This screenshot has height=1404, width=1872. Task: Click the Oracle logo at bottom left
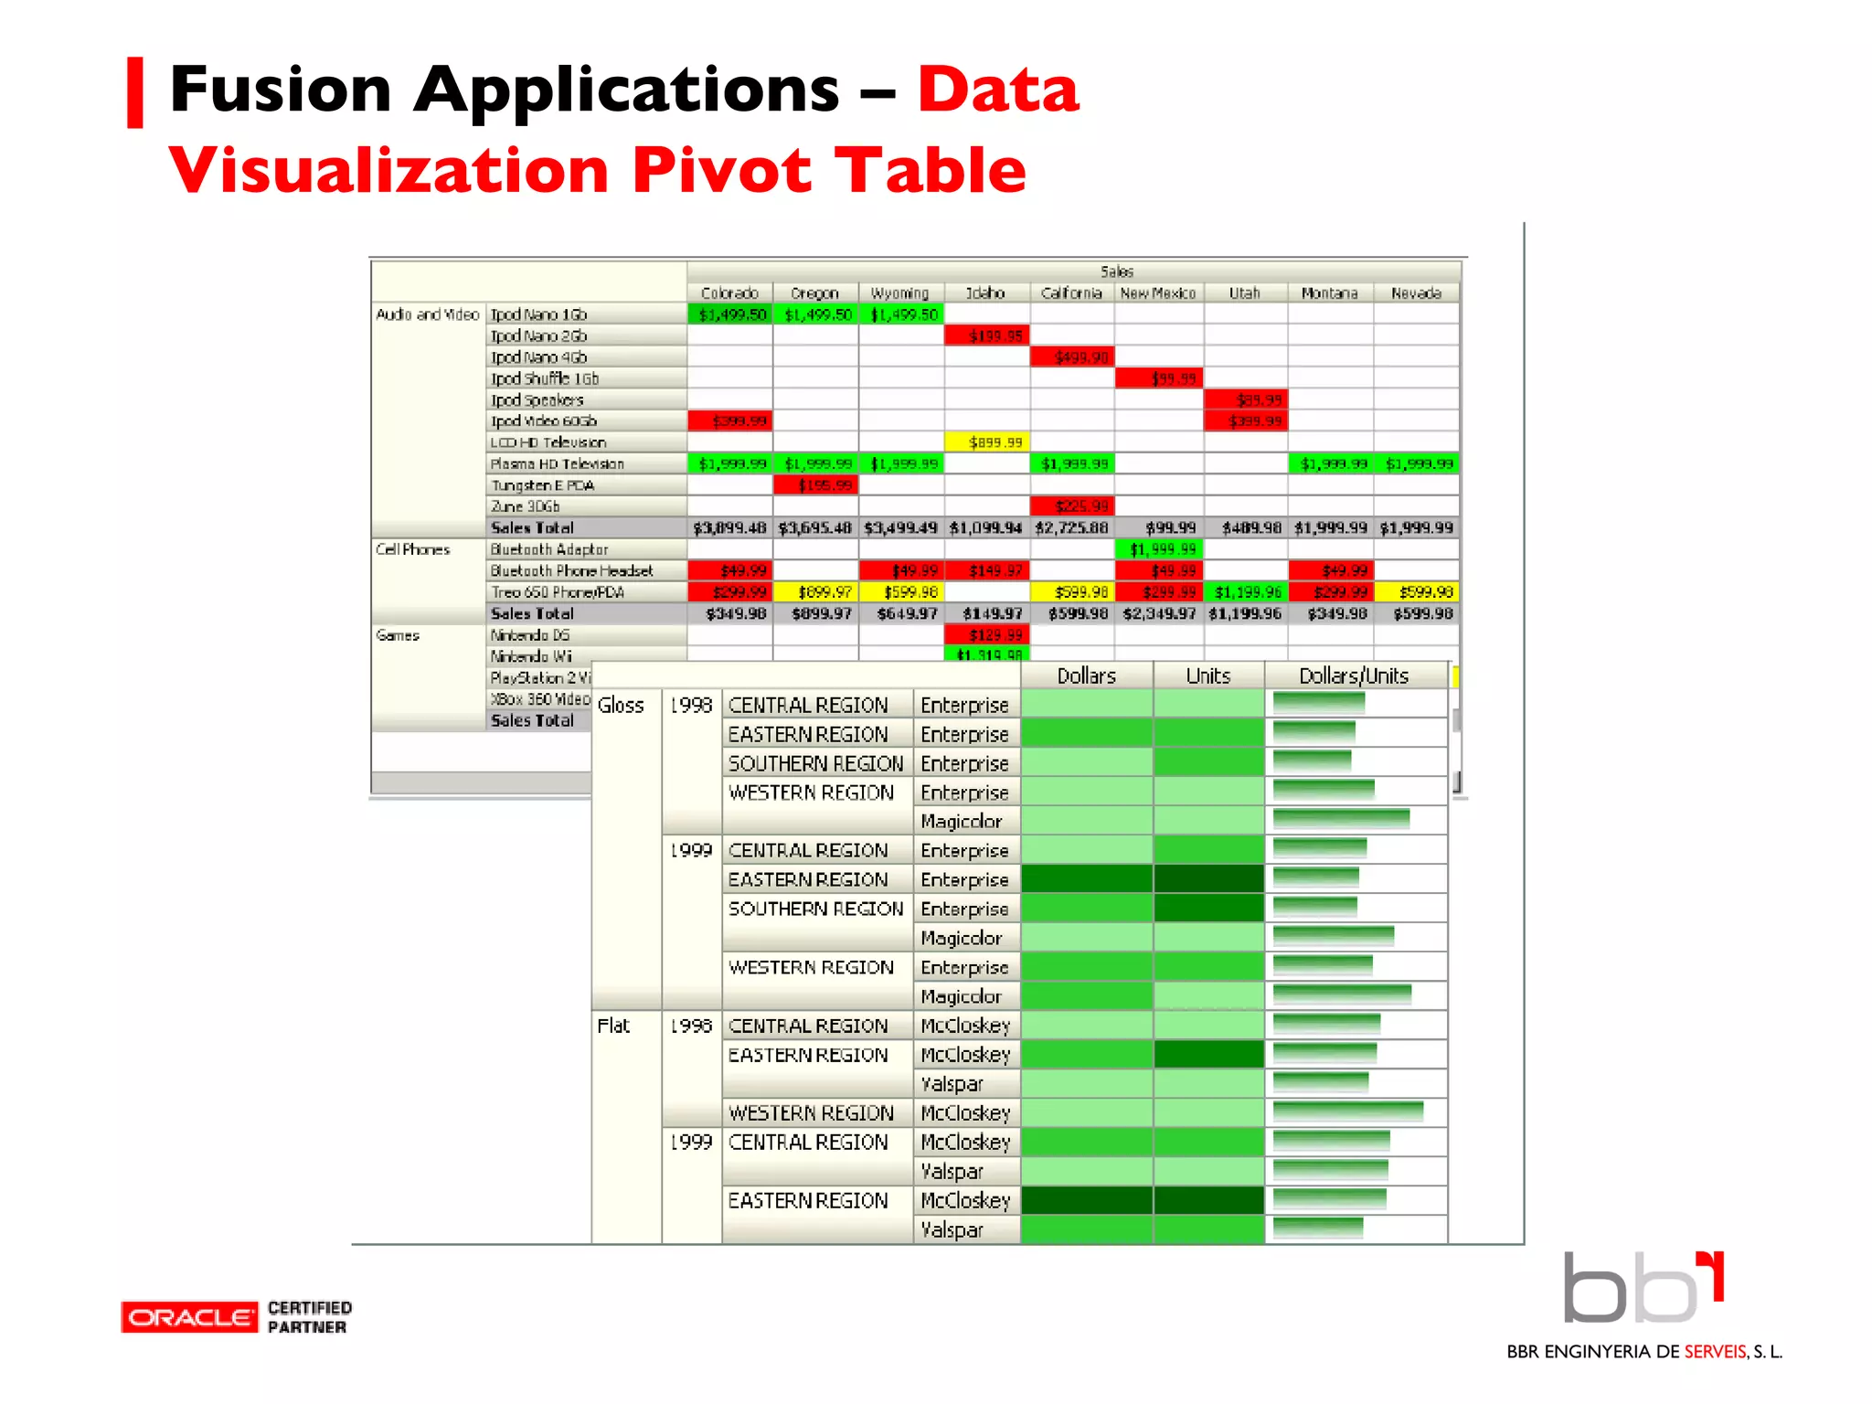(189, 1317)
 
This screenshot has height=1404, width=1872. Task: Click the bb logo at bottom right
(1643, 1288)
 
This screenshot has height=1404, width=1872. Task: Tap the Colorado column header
(729, 293)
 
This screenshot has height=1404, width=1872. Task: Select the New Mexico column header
(1158, 293)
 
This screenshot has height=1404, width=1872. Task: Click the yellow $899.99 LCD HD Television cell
(987, 442)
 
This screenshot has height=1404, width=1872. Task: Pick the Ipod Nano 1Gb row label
(539, 314)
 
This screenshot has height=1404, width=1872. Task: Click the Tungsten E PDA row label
(543, 485)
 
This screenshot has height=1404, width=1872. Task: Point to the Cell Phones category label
(413, 549)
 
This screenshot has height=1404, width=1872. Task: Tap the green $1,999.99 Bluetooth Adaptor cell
(1159, 549)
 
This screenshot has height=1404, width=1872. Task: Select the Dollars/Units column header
(1354, 675)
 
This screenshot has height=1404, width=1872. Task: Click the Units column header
(1207, 675)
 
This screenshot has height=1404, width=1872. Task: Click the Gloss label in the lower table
(621, 706)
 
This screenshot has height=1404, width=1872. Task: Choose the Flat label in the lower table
(613, 1026)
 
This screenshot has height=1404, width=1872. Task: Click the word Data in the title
(998, 90)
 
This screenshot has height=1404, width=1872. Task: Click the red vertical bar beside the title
(135, 92)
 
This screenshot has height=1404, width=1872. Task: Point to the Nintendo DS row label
(530, 635)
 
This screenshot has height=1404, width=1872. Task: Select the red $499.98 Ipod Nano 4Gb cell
(1073, 357)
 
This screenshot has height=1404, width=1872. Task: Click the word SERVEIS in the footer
(1716, 1352)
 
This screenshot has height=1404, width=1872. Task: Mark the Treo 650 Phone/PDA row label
(558, 592)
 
